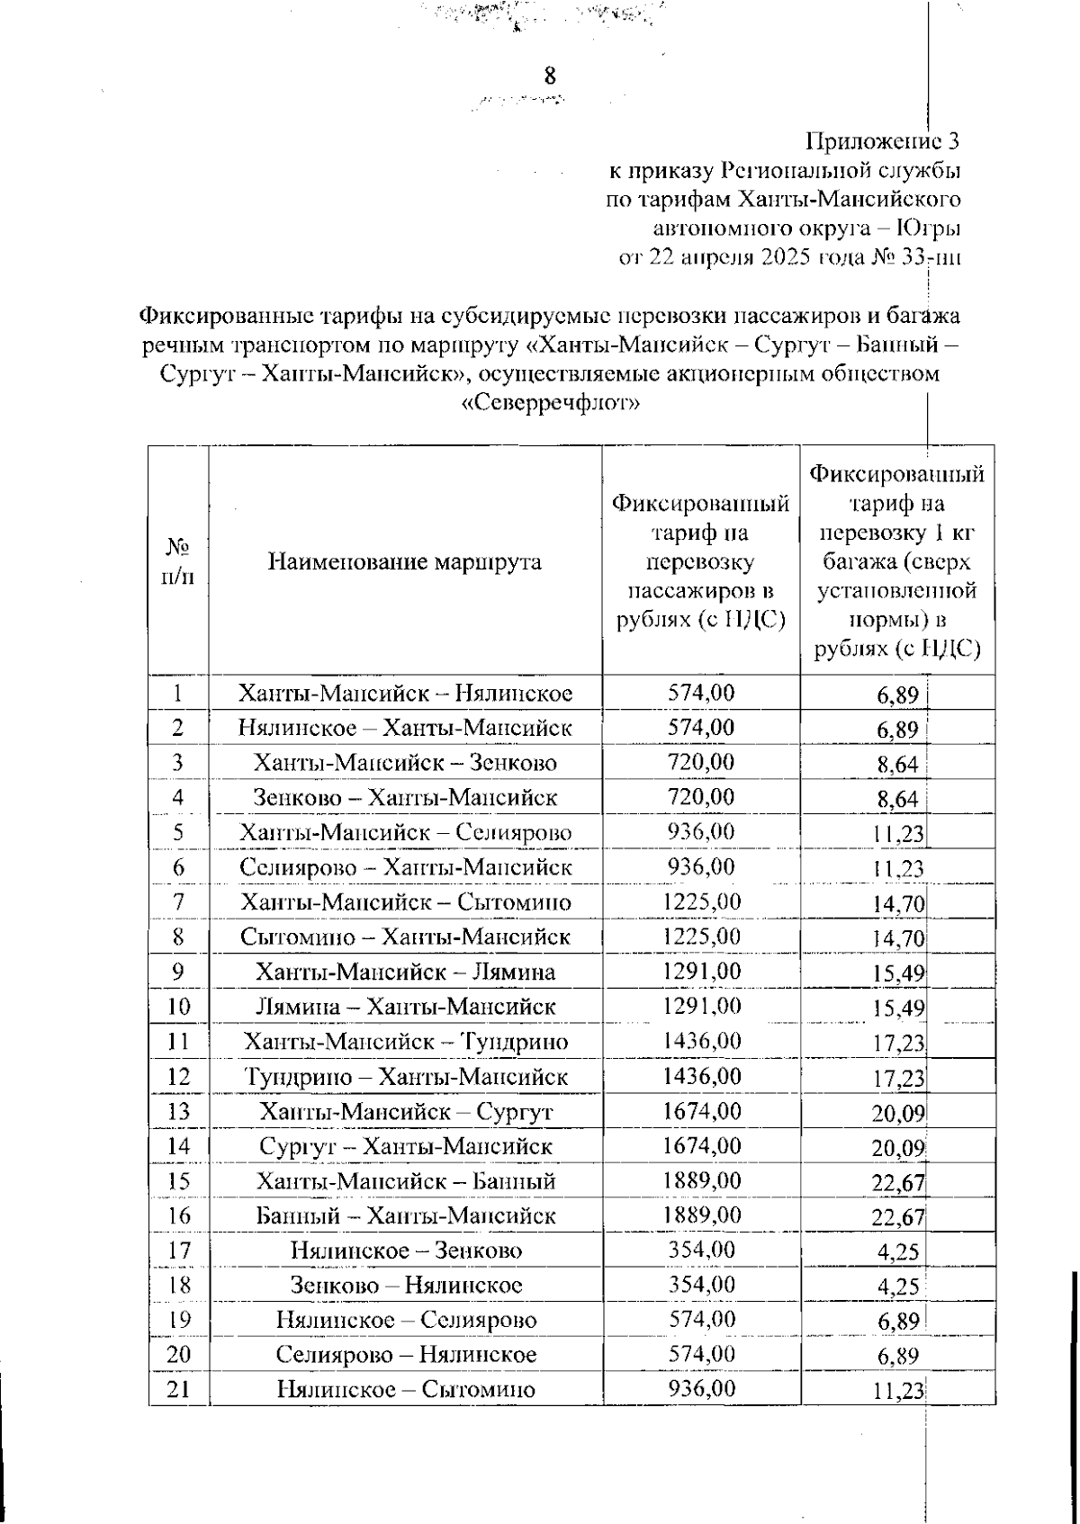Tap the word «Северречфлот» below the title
coord(550,403)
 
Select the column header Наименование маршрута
coord(405,562)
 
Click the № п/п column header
coord(178,561)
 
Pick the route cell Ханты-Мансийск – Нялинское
coord(405,693)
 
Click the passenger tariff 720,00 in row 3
coord(701,762)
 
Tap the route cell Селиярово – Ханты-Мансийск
coord(405,867)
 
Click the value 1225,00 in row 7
coord(701,901)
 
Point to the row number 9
coord(178,972)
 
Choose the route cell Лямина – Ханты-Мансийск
coord(405,1006)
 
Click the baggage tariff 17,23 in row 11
coord(897,1043)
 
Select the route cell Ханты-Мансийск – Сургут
coord(405,1111)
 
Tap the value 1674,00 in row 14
coord(701,1145)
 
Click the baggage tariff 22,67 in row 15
coord(897,1182)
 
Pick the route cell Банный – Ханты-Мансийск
coord(405,1215)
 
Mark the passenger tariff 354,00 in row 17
coord(701,1250)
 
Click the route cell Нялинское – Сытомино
coord(405,1389)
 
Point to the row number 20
coord(178,1354)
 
